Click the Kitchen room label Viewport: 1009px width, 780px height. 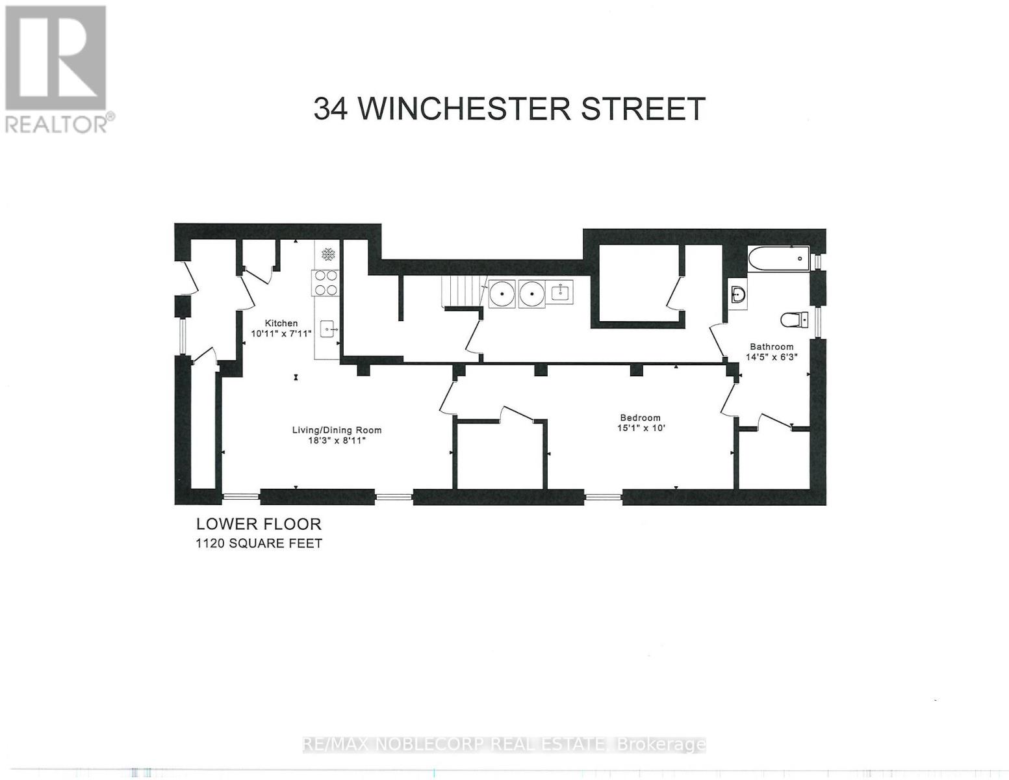click(281, 323)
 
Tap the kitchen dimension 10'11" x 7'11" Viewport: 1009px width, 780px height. click(281, 333)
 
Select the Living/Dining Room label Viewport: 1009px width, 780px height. click(336, 430)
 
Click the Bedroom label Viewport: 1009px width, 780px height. click(640, 418)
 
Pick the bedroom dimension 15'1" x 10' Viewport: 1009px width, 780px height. click(641, 428)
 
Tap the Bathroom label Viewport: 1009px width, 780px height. click(771, 346)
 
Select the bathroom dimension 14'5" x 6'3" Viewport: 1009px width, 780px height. click(771, 357)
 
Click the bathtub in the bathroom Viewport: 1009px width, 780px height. click(778, 259)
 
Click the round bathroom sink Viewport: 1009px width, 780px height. click(737, 294)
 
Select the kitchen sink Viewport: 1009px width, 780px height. click(327, 330)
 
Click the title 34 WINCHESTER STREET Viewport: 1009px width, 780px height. click(509, 109)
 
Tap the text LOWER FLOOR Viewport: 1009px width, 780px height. click(259, 524)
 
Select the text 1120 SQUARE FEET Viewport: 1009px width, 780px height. click(259, 543)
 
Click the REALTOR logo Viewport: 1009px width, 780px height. click(57, 69)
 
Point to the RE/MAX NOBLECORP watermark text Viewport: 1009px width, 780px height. click(504, 744)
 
